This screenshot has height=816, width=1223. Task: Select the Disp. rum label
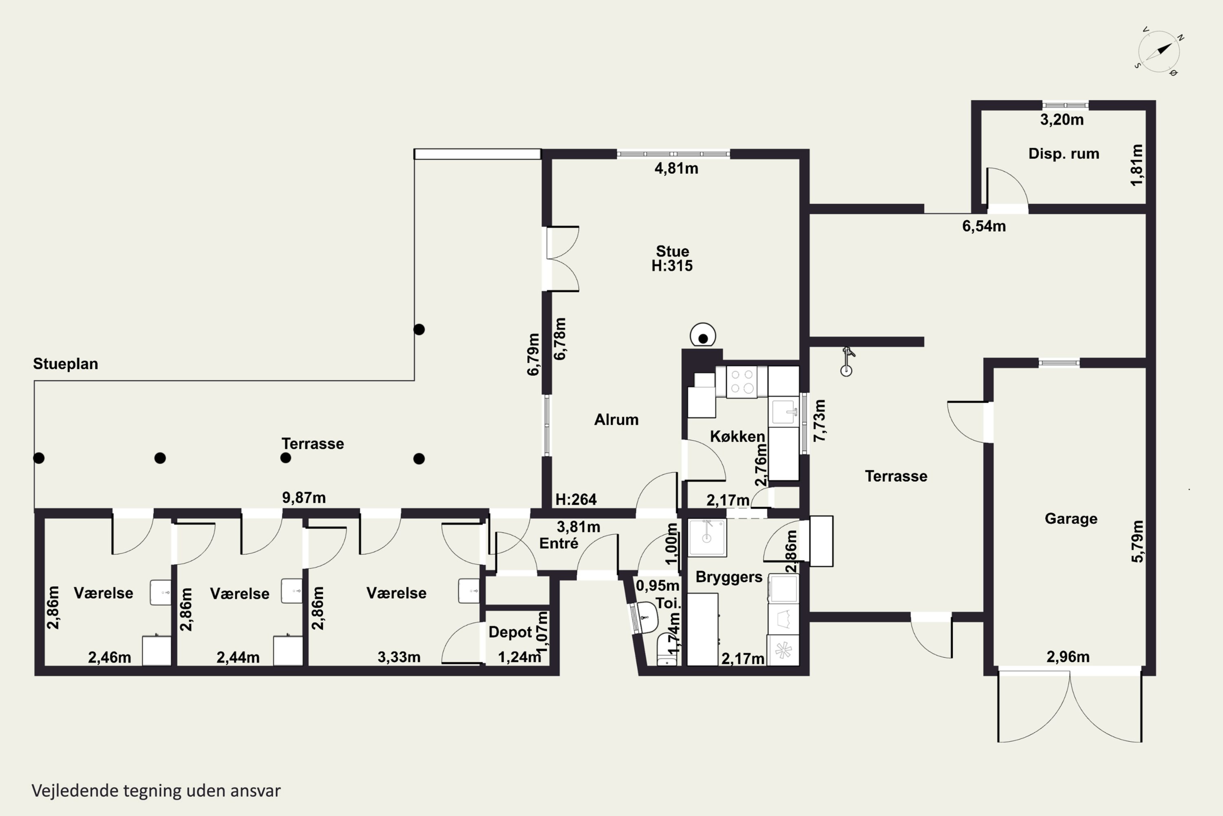click(x=1064, y=153)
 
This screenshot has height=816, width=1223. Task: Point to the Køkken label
click(x=737, y=436)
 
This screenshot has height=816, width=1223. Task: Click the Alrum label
click(x=616, y=419)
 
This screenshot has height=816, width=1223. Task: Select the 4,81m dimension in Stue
click(x=676, y=169)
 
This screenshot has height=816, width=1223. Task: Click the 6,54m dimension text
click(x=984, y=226)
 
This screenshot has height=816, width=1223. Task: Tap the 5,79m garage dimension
click(x=1138, y=541)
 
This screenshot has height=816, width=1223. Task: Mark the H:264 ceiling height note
click(x=576, y=499)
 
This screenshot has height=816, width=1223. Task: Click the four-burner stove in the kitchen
click(x=742, y=382)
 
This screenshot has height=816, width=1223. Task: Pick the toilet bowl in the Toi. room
click(x=667, y=650)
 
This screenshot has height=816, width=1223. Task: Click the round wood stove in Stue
click(x=703, y=336)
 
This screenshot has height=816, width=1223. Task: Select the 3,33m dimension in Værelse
click(x=399, y=657)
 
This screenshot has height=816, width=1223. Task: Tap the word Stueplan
click(x=66, y=364)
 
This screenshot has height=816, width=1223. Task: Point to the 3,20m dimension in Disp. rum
click(x=1062, y=120)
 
